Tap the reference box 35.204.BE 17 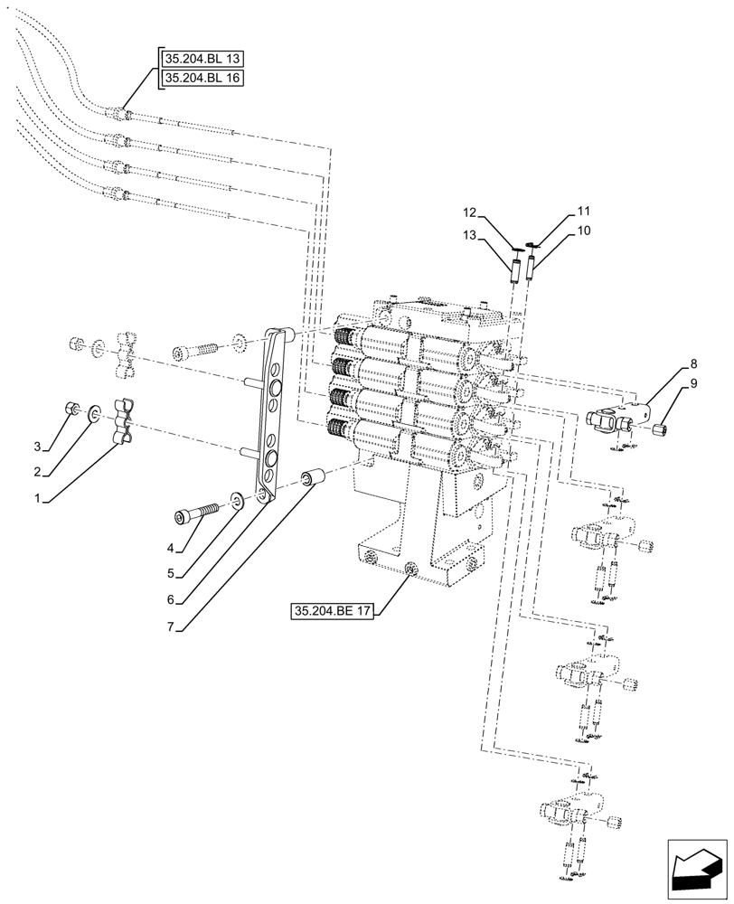pos(334,612)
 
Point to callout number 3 pos(38,447)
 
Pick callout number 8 pos(692,364)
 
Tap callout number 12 pos(468,213)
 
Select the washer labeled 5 pos(236,500)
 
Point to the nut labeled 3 pos(70,409)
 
